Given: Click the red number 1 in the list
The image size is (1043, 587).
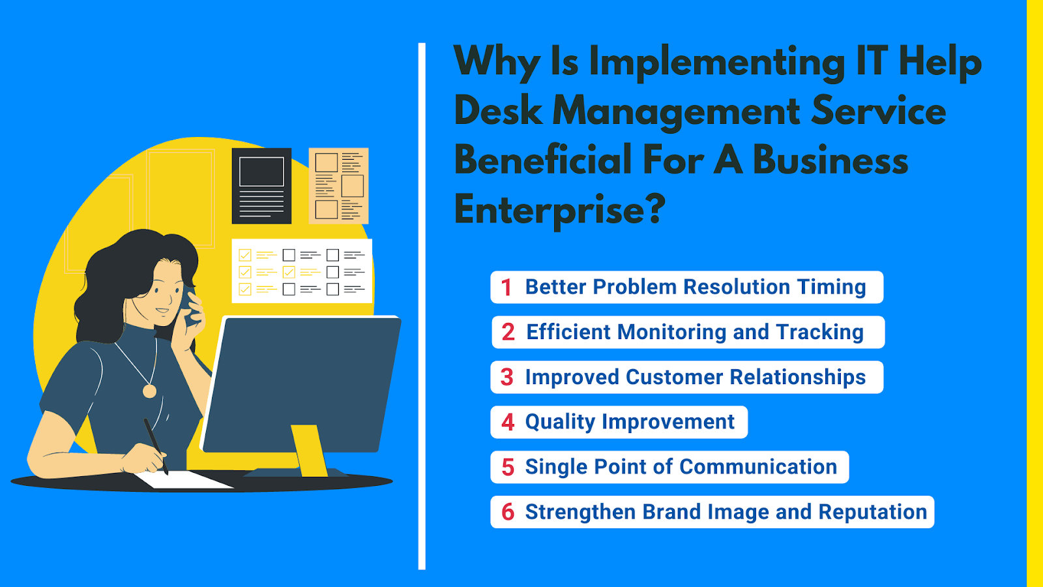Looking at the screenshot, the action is (507, 288).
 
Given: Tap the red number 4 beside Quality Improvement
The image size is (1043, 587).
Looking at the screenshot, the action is (508, 423).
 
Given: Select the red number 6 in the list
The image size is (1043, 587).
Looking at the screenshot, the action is (508, 512).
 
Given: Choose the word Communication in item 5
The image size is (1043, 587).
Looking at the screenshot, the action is (759, 467).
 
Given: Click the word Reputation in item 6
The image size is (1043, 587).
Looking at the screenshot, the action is (873, 512).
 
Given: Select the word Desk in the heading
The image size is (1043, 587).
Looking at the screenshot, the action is (499, 111).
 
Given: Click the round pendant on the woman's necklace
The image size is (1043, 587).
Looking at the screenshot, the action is (149, 391).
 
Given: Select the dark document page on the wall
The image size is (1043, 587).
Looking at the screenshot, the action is (261, 186).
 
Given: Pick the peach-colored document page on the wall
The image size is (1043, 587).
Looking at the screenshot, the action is (338, 186).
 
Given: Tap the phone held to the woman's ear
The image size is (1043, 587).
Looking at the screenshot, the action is (190, 305).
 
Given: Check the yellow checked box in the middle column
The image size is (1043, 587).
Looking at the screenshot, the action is (289, 271).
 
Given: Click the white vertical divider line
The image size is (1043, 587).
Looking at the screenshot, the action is (422, 306).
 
